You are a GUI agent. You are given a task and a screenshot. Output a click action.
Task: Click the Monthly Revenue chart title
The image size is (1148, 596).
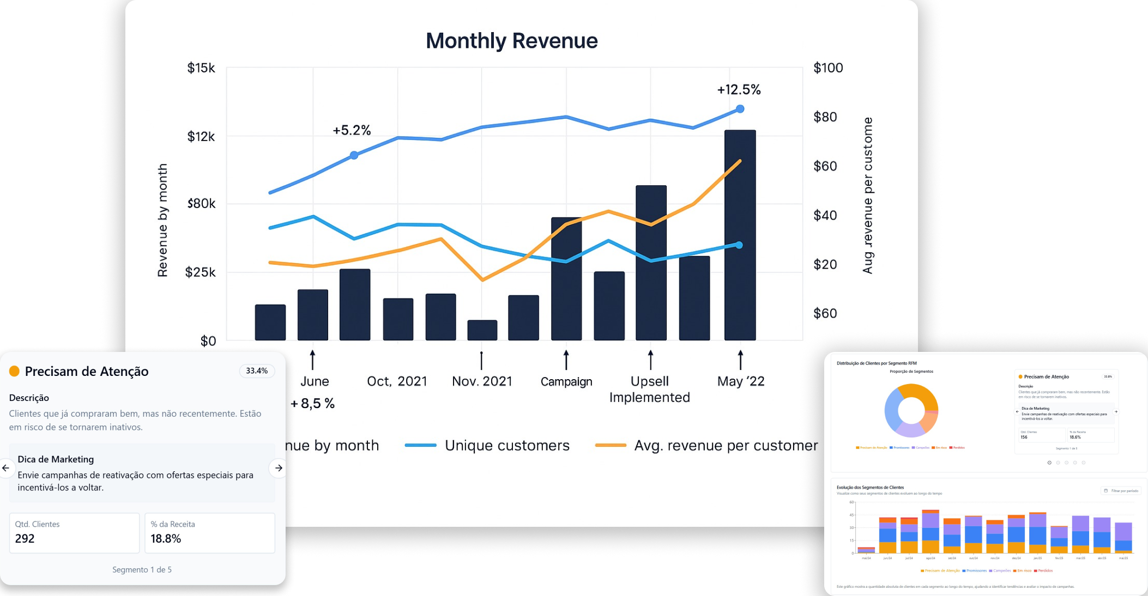511,41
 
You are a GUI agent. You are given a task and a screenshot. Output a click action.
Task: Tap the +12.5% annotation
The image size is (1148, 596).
739,90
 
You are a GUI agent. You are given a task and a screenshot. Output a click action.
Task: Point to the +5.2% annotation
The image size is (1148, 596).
352,130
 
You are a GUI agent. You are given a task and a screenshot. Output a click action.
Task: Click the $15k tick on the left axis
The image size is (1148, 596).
201,68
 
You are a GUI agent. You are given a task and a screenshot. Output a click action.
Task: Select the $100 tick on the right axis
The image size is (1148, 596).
827,68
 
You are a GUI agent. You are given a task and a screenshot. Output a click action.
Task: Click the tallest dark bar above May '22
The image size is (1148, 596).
740,234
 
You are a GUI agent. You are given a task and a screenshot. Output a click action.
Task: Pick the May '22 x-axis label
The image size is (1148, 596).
740,381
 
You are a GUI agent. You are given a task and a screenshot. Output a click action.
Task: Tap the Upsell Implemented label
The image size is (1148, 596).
649,389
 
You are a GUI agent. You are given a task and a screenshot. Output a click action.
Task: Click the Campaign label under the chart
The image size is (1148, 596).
566,382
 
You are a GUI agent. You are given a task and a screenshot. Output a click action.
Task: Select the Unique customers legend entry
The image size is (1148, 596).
506,446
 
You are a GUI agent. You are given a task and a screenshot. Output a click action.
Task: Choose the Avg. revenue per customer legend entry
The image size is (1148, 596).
726,446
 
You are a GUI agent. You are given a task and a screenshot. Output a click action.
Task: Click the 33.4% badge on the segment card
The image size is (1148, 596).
257,371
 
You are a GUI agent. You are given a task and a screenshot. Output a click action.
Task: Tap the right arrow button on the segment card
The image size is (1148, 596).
279,468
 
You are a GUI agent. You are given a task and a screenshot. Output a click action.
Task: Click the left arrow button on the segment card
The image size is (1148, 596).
6,468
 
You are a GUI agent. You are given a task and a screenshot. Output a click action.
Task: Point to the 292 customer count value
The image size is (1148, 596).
25,539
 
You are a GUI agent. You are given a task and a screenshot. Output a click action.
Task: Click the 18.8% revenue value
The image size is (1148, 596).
166,539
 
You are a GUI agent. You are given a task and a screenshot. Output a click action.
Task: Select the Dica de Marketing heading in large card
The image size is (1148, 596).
56,459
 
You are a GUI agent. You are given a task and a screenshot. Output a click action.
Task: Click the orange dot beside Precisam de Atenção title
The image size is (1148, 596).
14,371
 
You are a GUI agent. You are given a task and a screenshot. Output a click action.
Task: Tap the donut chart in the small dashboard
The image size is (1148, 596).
911,410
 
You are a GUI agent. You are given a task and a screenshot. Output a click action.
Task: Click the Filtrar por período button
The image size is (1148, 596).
1121,491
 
